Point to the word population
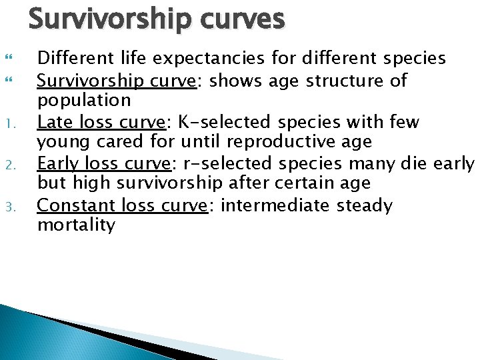pos(84,101)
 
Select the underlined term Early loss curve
pos(103,163)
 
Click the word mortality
pos(76,225)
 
